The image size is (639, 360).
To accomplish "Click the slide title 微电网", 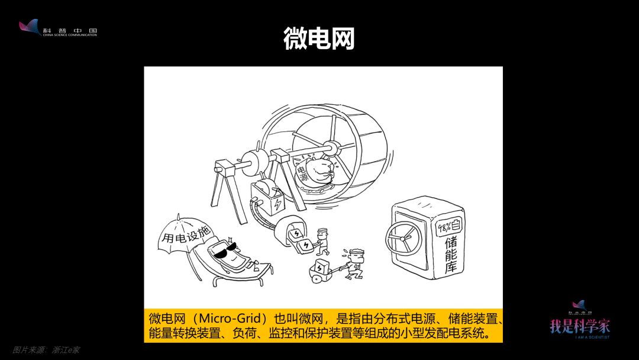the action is [319, 38].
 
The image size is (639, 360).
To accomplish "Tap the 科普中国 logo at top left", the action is [58, 28].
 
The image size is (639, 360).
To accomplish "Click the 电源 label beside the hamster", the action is [302, 173].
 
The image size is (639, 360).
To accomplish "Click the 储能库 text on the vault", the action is [451, 254].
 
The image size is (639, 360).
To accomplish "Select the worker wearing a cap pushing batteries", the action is [322, 241].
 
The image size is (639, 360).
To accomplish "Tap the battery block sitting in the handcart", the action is [321, 266].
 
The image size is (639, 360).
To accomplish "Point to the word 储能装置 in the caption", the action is [473, 319].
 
